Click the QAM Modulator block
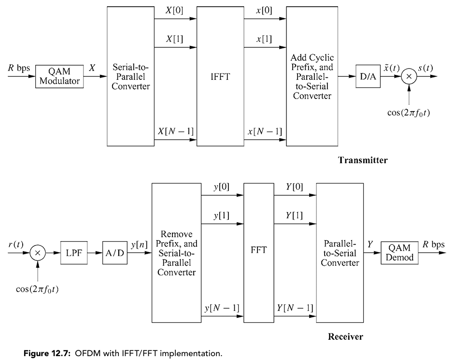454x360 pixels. (60, 76)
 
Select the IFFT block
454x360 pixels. (220, 76)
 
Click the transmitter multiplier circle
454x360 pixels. (409, 76)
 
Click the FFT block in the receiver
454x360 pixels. (258, 252)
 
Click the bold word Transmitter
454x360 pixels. (363, 160)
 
